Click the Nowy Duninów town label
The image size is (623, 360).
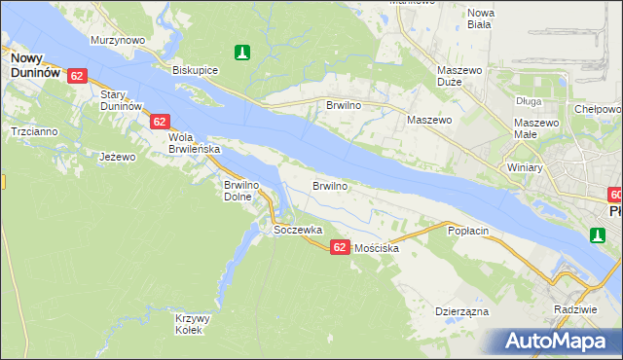click(36, 65)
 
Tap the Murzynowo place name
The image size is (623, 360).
click(118, 40)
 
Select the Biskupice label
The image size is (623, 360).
click(194, 70)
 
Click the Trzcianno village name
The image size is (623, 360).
click(33, 131)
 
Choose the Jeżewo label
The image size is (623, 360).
click(118, 156)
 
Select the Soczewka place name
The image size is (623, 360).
click(298, 231)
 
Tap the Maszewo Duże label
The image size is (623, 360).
click(460, 77)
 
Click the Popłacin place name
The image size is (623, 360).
click(467, 232)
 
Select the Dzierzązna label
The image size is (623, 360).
click(461, 312)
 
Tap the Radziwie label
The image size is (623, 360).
click(572, 308)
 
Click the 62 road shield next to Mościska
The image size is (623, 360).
click(339, 247)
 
